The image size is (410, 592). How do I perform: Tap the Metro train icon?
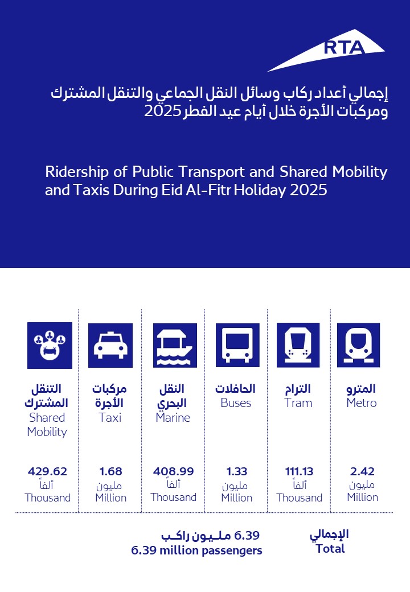[359, 345]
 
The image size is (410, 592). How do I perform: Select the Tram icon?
[298, 345]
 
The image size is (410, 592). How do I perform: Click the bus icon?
[237, 345]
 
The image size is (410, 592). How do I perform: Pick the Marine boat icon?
[175, 345]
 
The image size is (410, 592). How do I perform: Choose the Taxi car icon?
[110, 345]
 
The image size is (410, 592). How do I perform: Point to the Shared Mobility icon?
[50, 345]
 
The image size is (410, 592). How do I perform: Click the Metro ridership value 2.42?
[362, 471]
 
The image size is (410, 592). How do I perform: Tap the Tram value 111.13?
[299, 471]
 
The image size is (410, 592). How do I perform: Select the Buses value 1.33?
[236, 471]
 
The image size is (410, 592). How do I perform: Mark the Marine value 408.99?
[173, 471]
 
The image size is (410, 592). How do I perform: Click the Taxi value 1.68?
[110, 471]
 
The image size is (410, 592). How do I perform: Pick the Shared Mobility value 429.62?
[47, 471]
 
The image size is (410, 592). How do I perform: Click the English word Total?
[330, 549]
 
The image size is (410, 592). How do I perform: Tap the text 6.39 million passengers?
[196, 550]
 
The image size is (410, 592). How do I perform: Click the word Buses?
[236, 403]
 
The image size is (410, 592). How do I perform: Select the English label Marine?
[173, 418]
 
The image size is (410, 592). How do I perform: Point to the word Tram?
[298, 403]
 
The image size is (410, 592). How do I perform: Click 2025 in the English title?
[308, 190]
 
